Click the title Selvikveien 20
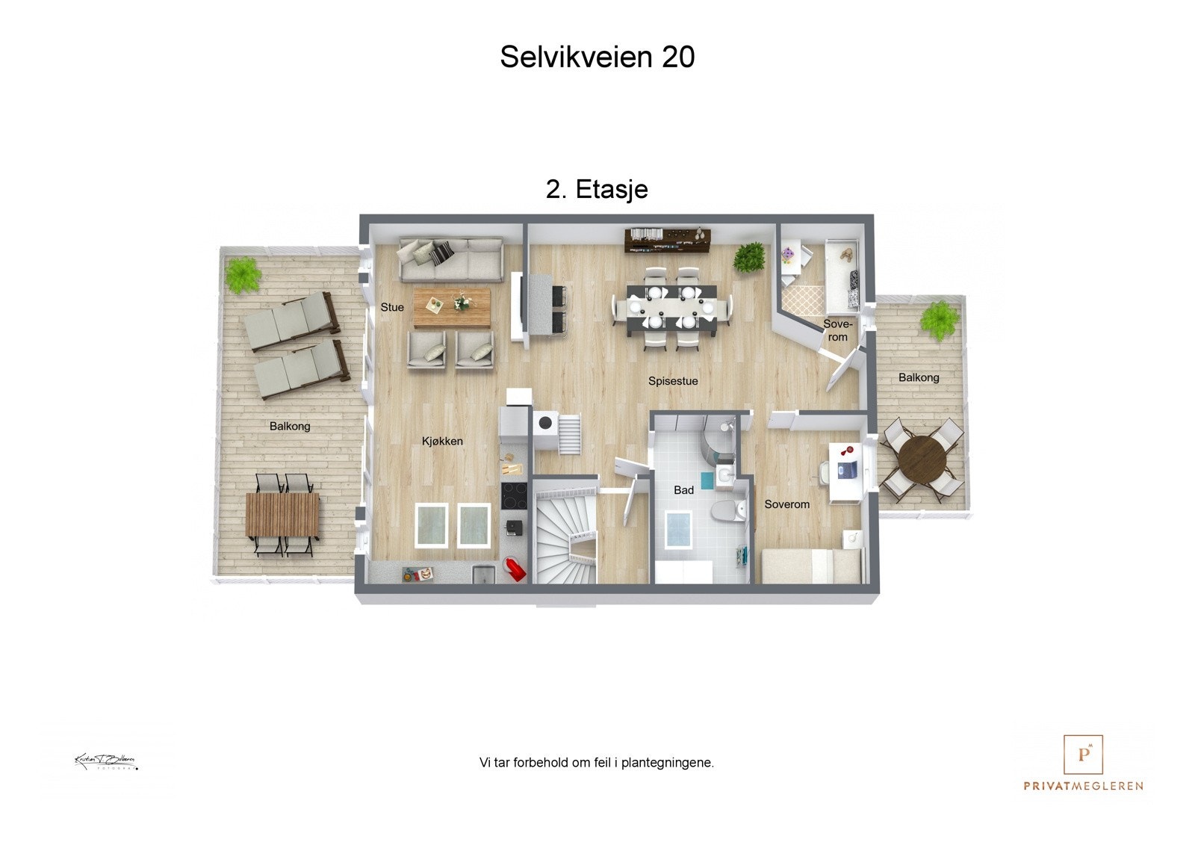tap(597, 57)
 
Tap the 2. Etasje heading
tap(597, 189)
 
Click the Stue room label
tap(392, 307)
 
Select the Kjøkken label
tap(442, 441)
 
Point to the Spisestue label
tap(673, 381)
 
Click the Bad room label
tap(683, 490)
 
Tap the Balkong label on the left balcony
tap(290, 426)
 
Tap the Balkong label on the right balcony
tap(919, 377)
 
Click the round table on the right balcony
tap(921, 459)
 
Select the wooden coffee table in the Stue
tap(451, 308)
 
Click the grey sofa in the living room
tap(450, 259)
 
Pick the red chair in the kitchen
tap(515, 569)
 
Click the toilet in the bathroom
tap(727, 512)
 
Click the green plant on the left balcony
tap(243, 274)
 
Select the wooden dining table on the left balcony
tap(282, 516)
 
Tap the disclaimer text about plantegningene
tap(597, 763)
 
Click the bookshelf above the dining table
tap(667, 240)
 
